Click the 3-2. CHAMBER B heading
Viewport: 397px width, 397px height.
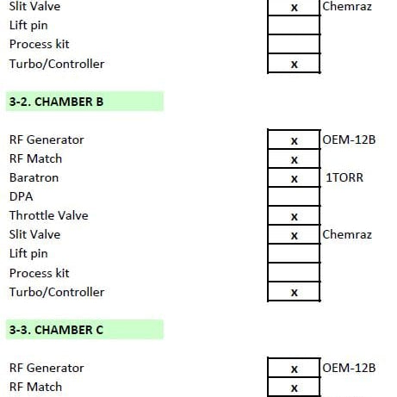pyautogui.click(x=56, y=102)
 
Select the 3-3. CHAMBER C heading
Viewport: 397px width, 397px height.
pyautogui.click(x=56, y=330)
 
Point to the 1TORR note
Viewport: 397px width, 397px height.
pyautogui.click(x=344, y=177)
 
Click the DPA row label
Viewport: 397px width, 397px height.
pyautogui.click(x=21, y=196)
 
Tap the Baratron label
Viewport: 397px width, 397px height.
pyautogui.click(x=34, y=177)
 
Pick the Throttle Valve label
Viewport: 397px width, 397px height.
pyautogui.click(x=49, y=215)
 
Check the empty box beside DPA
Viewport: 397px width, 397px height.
pyautogui.click(x=294, y=196)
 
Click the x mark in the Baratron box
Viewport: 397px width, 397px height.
pyautogui.click(x=295, y=179)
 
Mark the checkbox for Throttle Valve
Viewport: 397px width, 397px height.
pyautogui.click(x=294, y=215)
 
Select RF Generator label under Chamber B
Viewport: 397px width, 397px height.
pyautogui.click(x=47, y=140)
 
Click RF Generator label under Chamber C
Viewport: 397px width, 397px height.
pyautogui.click(x=47, y=368)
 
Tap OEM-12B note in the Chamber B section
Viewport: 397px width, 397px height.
pyautogui.click(x=349, y=140)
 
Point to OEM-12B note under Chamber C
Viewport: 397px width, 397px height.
pyautogui.click(x=349, y=368)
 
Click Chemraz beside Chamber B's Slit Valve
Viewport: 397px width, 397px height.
pyautogui.click(x=347, y=234)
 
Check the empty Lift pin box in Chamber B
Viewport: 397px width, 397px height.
pyautogui.click(x=294, y=253)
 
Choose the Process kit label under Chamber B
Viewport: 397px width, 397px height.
pyautogui.click(x=40, y=273)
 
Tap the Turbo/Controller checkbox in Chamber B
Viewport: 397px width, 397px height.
pyautogui.click(x=294, y=291)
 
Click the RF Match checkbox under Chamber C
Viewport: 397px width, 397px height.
pyautogui.click(x=294, y=388)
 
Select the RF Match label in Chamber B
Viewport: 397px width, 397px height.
pyautogui.click(x=35, y=158)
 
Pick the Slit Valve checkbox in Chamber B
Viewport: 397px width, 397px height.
pyautogui.click(x=294, y=234)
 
